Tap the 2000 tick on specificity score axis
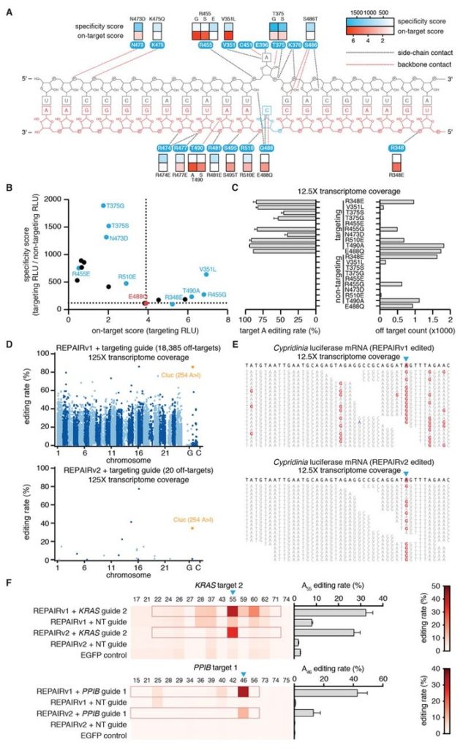click(59, 199)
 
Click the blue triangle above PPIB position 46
click(244, 675)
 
